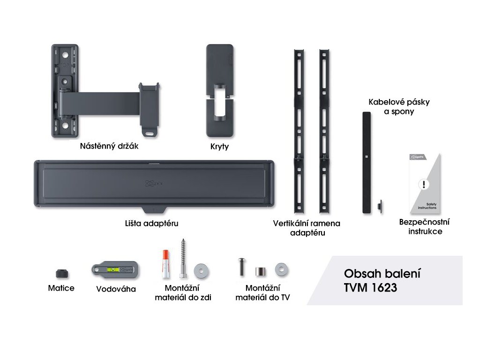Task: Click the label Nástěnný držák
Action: coord(110,146)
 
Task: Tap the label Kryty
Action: coord(219,147)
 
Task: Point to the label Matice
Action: coord(61,288)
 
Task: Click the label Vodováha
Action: coord(116,289)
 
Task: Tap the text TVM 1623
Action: coord(370,287)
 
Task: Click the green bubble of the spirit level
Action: coord(113,270)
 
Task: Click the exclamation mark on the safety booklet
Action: coord(424,184)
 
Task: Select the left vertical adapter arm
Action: coord(298,131)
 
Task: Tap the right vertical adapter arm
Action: coord(323,131)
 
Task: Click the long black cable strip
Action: coord(366,162)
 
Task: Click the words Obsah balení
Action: coord(382,273)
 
